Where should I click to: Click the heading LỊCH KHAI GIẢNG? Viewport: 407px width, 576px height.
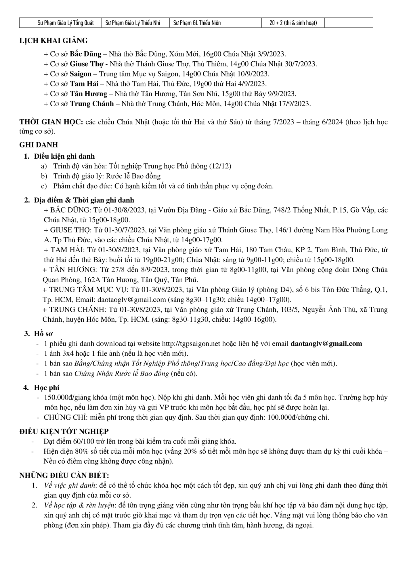[53, 41]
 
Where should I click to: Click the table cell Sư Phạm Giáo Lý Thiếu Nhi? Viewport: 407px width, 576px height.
[133, 23]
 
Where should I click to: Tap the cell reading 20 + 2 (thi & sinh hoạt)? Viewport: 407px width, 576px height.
[293, 23]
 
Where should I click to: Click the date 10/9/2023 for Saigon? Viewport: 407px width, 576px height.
[254, 74]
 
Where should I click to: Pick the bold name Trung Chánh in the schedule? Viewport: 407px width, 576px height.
[92, 104]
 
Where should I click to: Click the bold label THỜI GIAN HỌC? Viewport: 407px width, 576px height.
[51, 122]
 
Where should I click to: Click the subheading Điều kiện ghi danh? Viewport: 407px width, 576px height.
[64, 156]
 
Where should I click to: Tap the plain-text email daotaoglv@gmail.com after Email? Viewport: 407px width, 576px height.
[132, 300]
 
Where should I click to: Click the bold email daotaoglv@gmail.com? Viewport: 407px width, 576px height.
[326, 344]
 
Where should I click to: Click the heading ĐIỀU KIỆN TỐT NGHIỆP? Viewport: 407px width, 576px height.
[64, 431]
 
